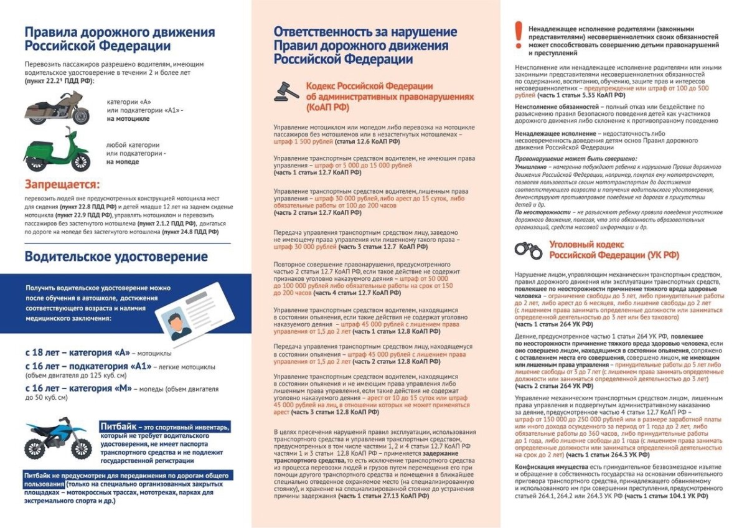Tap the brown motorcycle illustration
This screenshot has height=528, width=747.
tap(57, 108)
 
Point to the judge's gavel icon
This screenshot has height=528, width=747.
tap(286, 92)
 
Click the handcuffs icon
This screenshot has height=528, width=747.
tap(529, 250)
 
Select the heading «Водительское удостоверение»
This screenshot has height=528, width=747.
tap(116, 257)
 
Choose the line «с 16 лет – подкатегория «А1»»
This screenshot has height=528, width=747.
tap(88, 366)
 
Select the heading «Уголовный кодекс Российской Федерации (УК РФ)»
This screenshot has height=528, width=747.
tap(613, 250)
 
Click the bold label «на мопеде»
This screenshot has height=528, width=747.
tap(122, 162)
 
